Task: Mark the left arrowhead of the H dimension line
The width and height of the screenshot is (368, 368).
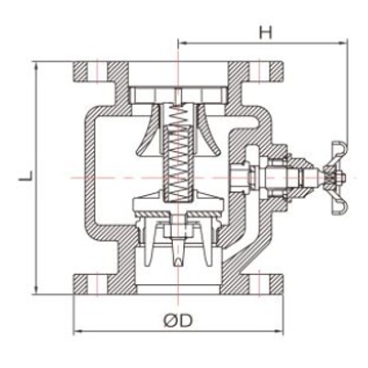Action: (x=179, y=41)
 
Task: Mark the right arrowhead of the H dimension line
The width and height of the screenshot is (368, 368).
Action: (x=349, y=41)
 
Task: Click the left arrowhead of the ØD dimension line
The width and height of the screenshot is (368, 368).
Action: (x=75, y=330)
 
